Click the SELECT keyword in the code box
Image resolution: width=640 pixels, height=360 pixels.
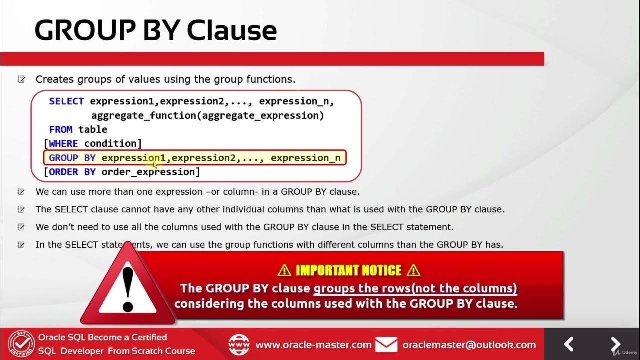(66, 101)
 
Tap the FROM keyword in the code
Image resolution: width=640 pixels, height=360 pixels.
(61, 129)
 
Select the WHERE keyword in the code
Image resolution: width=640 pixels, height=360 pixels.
(63, 144)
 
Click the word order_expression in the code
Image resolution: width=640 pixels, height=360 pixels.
(149, 172)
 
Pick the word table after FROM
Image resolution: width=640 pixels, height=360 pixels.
(93, 129)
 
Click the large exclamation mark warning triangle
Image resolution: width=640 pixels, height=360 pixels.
(128, 287)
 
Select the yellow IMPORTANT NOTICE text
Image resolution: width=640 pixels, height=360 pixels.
(348, 270)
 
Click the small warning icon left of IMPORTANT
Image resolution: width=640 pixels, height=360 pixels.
(284, 270)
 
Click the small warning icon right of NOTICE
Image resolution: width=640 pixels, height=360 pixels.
(413, 270)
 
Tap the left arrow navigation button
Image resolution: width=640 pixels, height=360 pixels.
(569, 344)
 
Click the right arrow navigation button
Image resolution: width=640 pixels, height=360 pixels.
(615, 344)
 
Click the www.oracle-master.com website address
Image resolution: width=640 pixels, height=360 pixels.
(313, 345)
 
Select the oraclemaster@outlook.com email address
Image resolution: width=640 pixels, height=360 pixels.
(469, 345)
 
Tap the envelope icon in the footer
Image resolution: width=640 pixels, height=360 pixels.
(386, 345)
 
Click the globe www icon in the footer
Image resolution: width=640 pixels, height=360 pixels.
(239, 345)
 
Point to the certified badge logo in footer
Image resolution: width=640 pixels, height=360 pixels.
(21, 344)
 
